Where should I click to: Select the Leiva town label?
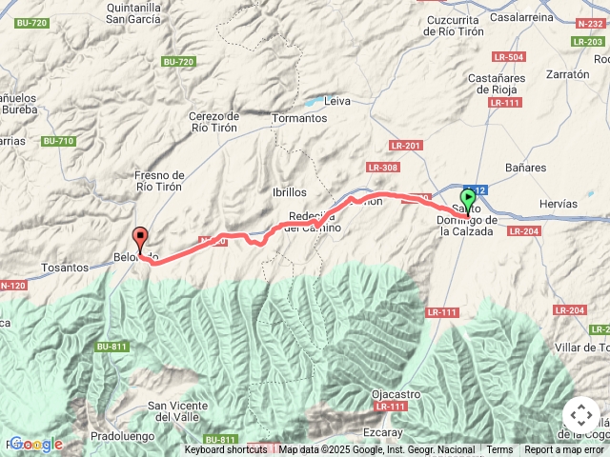[337, 100]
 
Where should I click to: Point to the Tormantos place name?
[299, 119]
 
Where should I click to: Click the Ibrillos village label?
[290, 192]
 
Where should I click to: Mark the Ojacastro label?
[396, 394]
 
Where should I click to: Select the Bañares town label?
[526, 168]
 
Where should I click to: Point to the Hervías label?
[558, 204]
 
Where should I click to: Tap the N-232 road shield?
[590, 23]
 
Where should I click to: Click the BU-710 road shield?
[58, 141]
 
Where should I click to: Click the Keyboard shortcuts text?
[226, 450]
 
